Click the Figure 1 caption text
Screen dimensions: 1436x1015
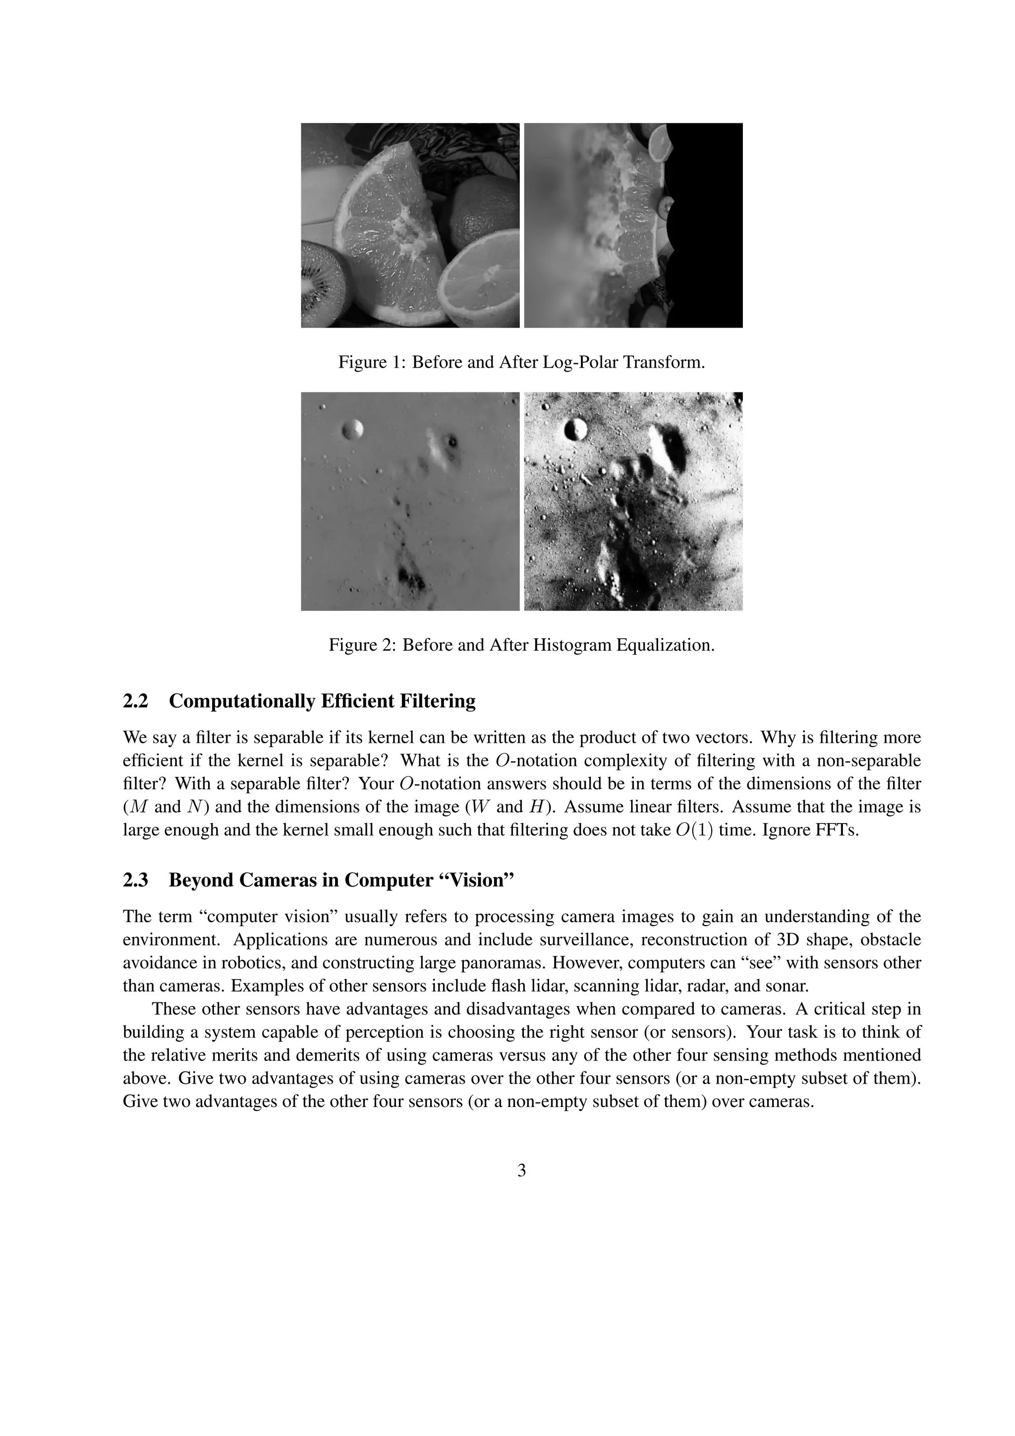[521, 362]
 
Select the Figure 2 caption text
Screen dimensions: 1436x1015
[521, 645]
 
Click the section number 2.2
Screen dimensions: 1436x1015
[136, 701]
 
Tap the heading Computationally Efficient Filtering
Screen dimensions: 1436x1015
[322, 701]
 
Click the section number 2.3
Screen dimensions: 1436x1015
[136, 880]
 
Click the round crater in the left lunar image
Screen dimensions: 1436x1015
[353, 429]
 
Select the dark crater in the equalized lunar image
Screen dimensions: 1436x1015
[575, 429]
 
